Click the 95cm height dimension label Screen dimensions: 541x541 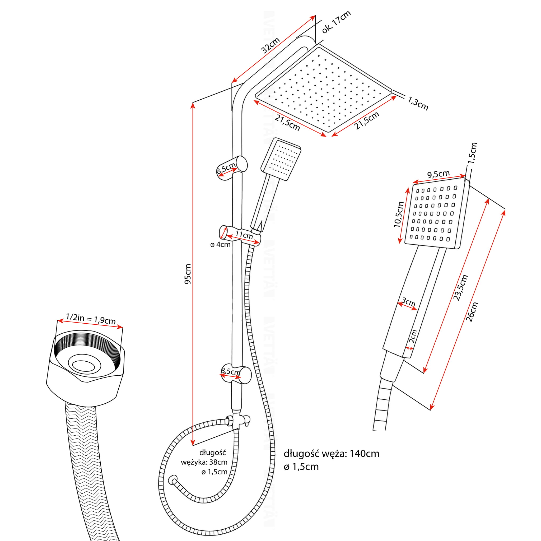click(188, 274)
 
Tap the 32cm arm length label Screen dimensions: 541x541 click(270, 45)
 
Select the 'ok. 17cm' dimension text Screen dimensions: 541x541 click(336, 22)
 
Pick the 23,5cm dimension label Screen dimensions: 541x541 click(460, 288)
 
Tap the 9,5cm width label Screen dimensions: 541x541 click(438, 174)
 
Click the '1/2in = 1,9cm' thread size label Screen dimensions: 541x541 click(90, 319)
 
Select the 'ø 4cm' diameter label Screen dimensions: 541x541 click(220, 244)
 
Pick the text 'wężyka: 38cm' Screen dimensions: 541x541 click(204, 462)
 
